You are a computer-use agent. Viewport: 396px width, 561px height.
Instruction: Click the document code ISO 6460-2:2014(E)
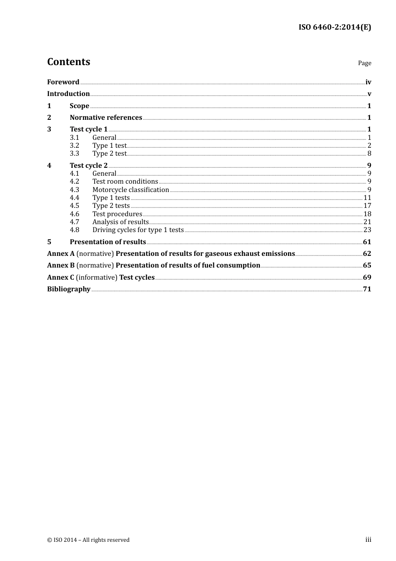point(334,28)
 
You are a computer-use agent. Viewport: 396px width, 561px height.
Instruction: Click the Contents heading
point(68,62)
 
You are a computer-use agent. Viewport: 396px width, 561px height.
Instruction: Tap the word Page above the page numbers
point(364,63)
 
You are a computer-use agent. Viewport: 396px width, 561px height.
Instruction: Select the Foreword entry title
point(63,82)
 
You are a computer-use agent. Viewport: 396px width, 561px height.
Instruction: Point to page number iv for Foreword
point(368,82)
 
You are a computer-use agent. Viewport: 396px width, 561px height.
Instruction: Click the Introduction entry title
point(68,93)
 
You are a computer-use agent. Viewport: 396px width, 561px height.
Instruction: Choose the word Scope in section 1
point(79,106)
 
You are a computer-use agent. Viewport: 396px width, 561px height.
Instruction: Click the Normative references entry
point(106,117)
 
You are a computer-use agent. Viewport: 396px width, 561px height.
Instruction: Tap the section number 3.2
point(74,145)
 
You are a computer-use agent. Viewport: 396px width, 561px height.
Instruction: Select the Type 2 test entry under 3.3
point(109,153)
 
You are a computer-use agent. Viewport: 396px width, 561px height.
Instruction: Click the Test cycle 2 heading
point(88,165)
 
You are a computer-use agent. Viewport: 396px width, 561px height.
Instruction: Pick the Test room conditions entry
point(125,181)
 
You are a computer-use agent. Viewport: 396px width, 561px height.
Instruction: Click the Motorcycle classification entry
point(130,190)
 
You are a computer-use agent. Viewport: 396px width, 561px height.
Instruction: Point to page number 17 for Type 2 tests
point(367,205)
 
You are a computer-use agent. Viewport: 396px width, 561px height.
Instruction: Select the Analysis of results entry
point(120,222)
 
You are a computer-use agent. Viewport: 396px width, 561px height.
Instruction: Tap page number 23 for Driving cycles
point(367,230)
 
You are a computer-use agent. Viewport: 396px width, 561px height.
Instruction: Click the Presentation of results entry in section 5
point(108,242)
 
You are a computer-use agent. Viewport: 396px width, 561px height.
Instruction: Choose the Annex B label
point(61,265)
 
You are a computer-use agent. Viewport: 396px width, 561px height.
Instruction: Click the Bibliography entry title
point(69,289)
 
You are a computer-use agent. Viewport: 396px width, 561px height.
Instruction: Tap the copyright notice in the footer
point(88,540)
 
